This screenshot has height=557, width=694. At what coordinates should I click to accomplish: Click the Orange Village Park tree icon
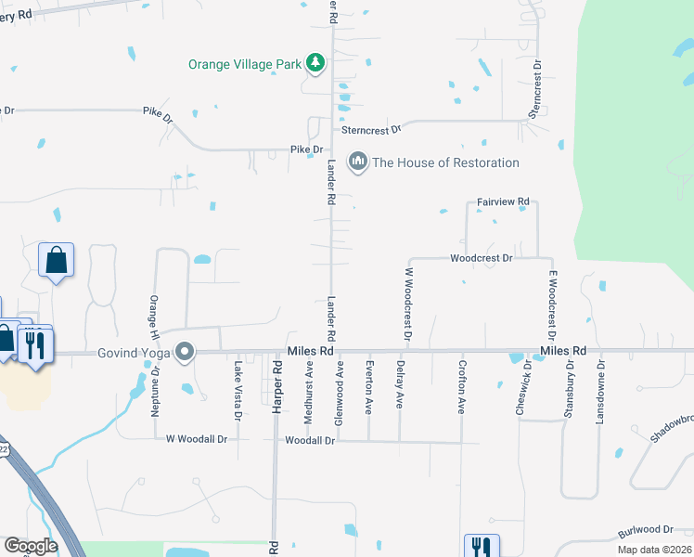[x=317, y=63]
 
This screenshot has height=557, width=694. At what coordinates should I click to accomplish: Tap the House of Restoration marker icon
[x=357, y=162]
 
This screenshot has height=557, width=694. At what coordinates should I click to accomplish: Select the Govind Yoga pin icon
[x=185, y=353]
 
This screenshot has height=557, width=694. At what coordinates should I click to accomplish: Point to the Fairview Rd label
[x=503, y=201]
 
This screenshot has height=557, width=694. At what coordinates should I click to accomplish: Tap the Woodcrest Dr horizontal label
[x=482, y=258]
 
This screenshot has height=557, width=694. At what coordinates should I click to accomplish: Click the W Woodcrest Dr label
[x=406, y=304]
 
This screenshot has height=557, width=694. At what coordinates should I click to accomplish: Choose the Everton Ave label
[x=369, y=387]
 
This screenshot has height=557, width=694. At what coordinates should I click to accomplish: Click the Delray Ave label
[x=400, y=386]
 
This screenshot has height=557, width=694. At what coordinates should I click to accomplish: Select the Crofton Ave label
[x=461, y=388]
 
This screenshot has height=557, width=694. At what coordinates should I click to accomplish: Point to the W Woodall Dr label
[x=196, y=439]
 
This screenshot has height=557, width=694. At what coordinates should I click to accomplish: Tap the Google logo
[x=32, y=546]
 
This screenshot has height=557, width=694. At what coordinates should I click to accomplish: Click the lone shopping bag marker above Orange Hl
[x=56, y=261]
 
